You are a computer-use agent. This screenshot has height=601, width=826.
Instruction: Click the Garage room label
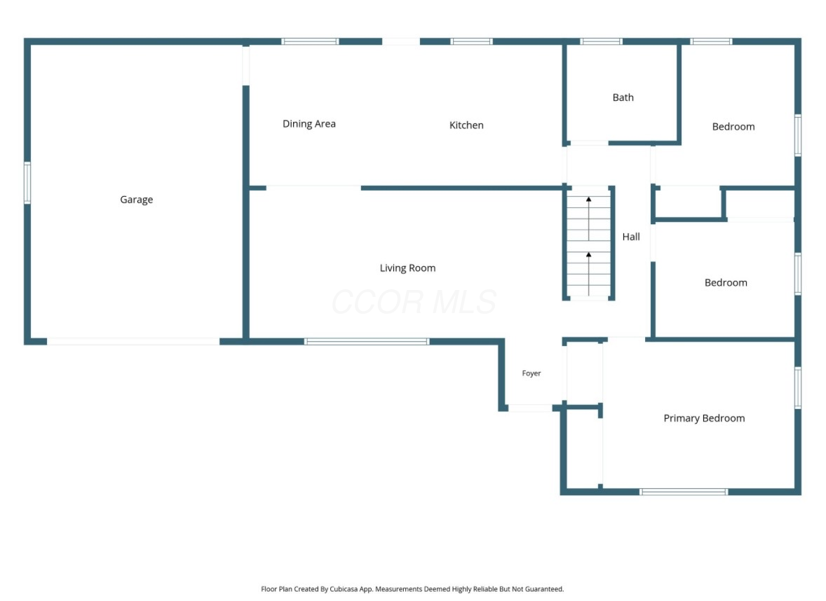click(x=137, y=200)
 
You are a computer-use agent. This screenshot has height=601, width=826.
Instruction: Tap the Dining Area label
click(x=309, y=124)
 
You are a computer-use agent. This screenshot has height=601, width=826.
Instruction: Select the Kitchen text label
click(x=466, y=125)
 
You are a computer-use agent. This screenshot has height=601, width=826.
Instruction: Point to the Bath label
click(x=623, y=97)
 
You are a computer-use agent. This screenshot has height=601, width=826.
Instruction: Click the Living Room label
click(x=407, y=268)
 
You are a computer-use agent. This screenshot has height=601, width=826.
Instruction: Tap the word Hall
click(x=631, y=237)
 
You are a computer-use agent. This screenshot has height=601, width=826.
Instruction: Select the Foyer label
click(x=532, y=373)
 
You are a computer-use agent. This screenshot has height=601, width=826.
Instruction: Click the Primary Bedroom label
click(x=704, y=418)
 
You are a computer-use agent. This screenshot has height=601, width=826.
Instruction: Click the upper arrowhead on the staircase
click(x=589, y=200)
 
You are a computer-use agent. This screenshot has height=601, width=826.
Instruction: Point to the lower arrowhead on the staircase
click(x=589, y=255)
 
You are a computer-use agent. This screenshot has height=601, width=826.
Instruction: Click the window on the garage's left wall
click(x=27, y=183)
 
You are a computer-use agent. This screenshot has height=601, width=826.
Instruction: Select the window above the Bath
click(x=601, y=41)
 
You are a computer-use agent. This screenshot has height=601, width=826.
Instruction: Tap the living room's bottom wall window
click(x=367, y=342)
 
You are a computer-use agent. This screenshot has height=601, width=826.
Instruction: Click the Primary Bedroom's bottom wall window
click(x=684, y=492)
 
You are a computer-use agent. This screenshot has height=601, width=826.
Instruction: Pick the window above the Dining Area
click(x=310, y=41)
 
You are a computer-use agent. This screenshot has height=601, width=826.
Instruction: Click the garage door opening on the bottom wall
click(x=133, y=342)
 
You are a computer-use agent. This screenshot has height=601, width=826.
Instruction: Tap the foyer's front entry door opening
click(x=530, y=408)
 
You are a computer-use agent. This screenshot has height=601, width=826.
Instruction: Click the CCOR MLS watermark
click(x=414, y=302)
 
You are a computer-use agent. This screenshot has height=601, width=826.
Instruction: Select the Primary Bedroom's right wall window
click(x=798, y=388)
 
